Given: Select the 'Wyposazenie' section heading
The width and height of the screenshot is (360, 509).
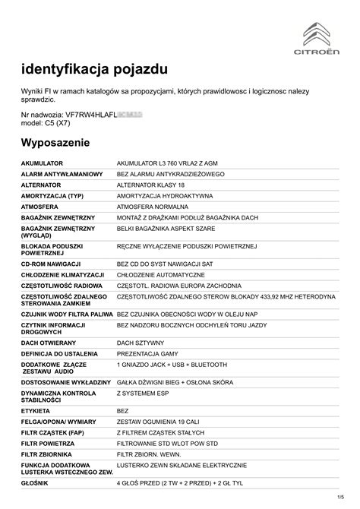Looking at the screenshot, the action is click(x=55, y=143).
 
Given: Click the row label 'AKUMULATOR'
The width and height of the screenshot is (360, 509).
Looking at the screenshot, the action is click(x=43, y=163).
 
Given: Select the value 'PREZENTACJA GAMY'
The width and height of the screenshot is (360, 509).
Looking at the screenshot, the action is click(x=147, y=355).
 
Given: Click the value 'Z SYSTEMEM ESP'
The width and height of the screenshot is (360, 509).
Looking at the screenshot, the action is click(x=143, y=394).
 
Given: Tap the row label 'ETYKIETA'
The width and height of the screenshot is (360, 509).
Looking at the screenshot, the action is click(x=37, y=410).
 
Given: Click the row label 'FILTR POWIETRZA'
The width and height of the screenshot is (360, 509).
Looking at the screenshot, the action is click(x=48, y=443).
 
